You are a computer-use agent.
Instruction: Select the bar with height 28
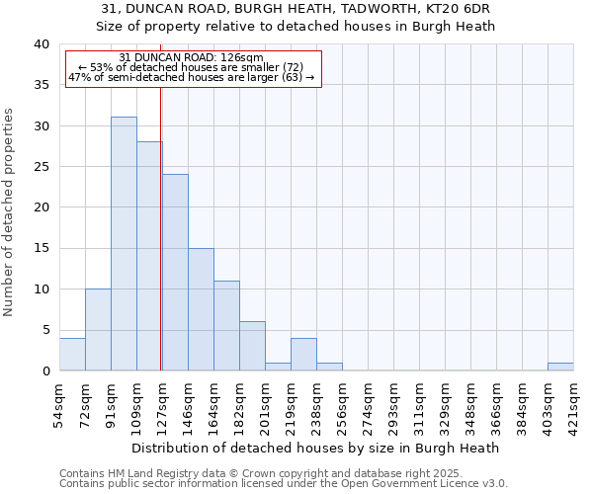point(149,256)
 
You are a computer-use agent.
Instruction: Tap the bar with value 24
point(175,273)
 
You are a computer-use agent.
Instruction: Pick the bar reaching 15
point(201,309)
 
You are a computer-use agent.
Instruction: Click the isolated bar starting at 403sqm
point(560,367)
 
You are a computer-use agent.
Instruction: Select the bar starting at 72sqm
point(98,330)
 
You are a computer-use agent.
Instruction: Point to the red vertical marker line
point(160,247)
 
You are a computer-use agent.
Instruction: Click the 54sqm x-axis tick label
point(60,403)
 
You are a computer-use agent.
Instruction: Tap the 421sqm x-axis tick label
point(574,403)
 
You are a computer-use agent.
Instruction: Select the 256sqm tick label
point(343,403)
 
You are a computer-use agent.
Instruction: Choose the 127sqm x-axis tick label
point(163,403)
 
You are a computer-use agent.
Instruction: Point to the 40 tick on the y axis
point(41,44)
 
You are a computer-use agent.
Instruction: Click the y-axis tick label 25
point(41,167)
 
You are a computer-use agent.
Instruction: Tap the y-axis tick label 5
point(44,330)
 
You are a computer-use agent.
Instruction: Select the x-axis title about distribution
point(315,448)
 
